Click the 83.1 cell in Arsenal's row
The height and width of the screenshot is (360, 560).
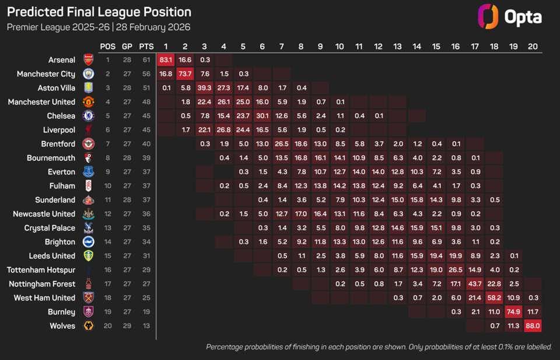click(x=166, y=60)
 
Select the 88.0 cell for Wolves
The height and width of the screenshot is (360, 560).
click(x=533, y=326)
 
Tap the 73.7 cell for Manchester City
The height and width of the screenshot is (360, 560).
click(x=185, y=74)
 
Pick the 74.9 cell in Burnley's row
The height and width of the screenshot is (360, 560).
click(x=513, y=312)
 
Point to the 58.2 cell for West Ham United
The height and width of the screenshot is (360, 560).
click(x=494, y=298)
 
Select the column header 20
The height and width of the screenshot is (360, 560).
click(x=533, y=46)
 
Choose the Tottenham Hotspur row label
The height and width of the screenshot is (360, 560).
click(x=41, y=270)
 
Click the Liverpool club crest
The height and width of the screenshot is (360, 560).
click(x=88, y=130)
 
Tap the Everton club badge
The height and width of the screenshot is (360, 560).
click(x=88, y=172)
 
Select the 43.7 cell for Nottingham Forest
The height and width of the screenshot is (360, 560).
click(x=475, y=284)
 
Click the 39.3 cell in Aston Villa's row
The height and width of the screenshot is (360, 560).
click(x=204, y=88)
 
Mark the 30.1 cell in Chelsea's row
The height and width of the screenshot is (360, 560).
click(x=262, y=116)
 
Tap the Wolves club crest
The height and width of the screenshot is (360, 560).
click(x=88, y=326)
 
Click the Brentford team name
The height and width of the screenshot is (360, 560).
click(x=58, y=144)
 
